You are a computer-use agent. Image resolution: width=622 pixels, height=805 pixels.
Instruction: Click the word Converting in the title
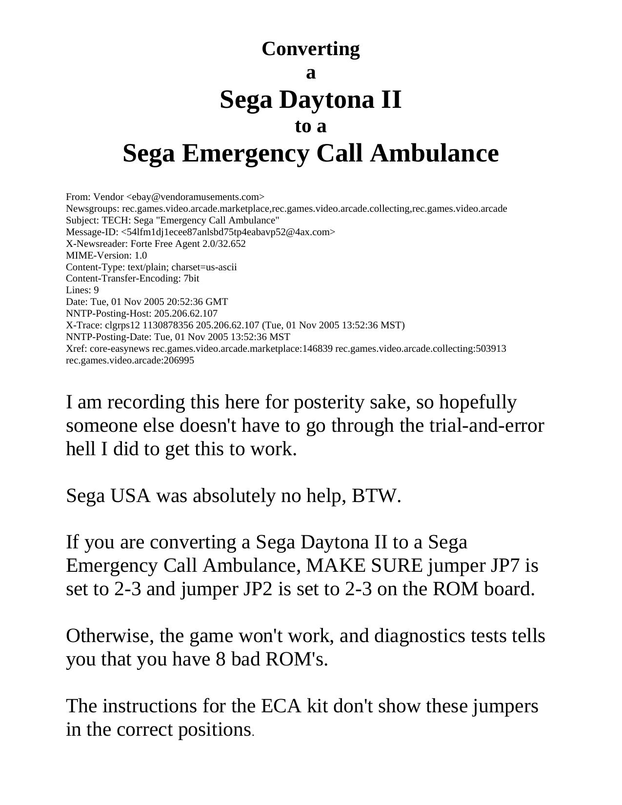coord(311,49)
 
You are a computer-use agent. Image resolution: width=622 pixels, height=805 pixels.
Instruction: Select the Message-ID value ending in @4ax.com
coord(228,232)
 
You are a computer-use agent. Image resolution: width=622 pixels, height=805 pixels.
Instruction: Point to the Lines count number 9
coord(96,290)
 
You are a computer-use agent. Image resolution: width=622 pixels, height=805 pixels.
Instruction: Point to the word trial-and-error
coord(486,426)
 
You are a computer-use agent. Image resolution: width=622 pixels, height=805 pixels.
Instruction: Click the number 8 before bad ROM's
coord(220,660)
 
